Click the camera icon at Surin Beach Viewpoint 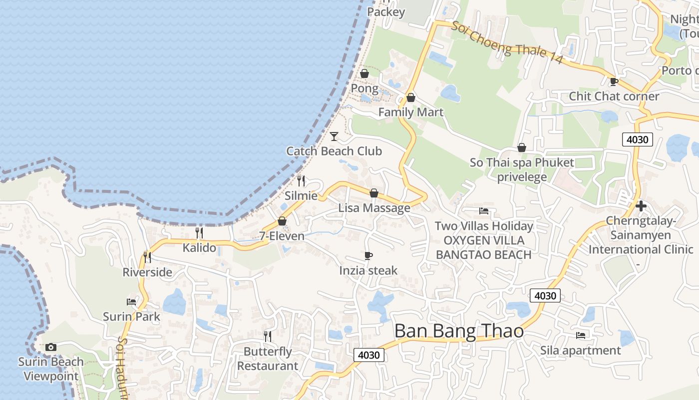50,347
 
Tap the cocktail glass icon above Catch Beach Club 334,136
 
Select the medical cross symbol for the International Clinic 641,205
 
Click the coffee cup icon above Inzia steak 368,256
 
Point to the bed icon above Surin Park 131,301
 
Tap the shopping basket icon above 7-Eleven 282,221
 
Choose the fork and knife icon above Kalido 199,232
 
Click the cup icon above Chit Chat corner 614,81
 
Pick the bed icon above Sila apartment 581,335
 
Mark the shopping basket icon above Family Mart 411,97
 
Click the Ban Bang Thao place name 459,331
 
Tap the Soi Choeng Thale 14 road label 507,43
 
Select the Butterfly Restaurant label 267,359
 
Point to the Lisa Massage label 374,208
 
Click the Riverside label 147,272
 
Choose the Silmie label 301,195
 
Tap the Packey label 386,12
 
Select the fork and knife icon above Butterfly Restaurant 268,336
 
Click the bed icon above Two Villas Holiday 484,211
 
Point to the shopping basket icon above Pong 364,74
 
